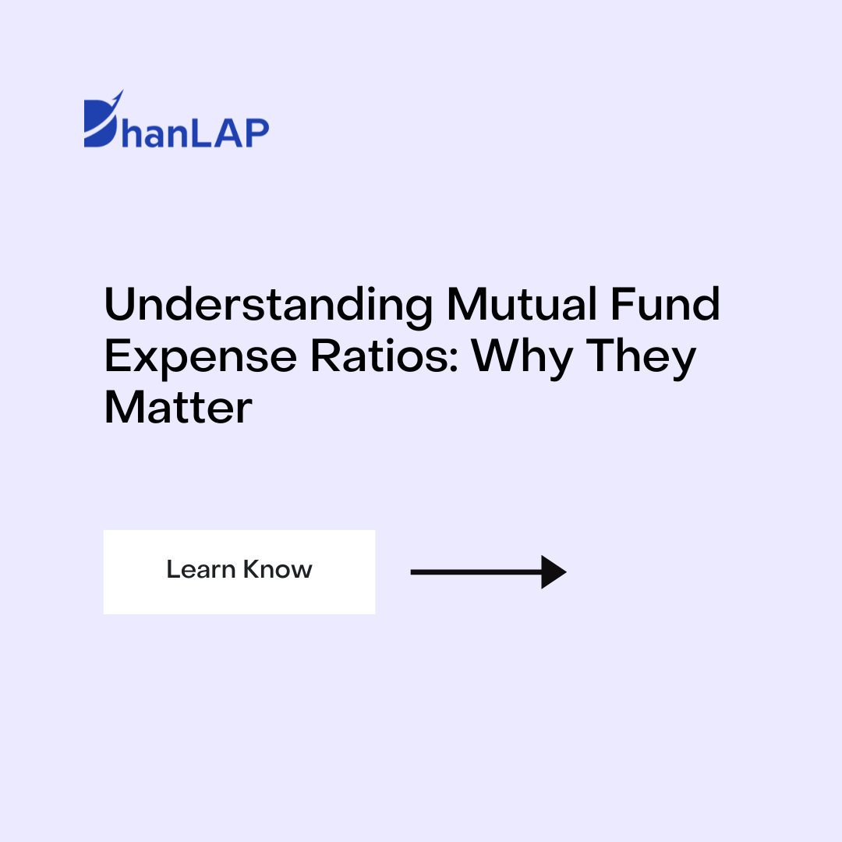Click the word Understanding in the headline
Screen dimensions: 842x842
click(268, 306)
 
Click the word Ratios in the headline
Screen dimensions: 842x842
click(380, 356)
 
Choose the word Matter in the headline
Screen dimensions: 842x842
click(179, 407)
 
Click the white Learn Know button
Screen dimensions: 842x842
click(239, 571)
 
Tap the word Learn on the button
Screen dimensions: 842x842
click(200, 569)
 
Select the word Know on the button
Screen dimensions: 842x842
click(278, 569)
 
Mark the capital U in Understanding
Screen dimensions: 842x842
click(120, 306)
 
